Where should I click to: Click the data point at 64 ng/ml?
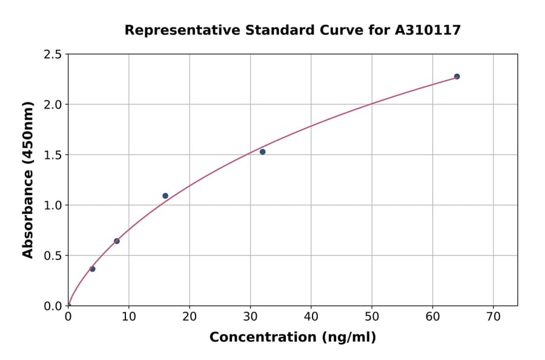click(x=457, y=76)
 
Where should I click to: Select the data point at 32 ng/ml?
click(x=262, y=152)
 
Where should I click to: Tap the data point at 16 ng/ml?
click(x=165, y=196)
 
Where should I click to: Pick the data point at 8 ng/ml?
click(x=117, y=241)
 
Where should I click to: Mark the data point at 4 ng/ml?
click(x=93, y=269)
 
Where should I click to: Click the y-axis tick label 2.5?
click(x=52, y=55)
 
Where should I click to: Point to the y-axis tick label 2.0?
click(x=52, y=105)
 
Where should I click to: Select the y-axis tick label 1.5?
click(x=52, y=155)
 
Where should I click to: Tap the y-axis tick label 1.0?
click(x=52, y=205)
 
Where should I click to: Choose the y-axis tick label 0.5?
click(x=52, y=256)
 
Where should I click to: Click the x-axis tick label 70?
click(x=493, y=317)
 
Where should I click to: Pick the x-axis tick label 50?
click(x=372, y=317)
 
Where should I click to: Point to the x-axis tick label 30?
click(x=250, y=317)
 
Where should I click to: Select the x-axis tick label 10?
click(x=128, y=317)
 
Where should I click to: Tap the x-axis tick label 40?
click(x=311, y=317)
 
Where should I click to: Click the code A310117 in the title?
click(x=428, y=30)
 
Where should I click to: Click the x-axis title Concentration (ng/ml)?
click(x=292, y=338)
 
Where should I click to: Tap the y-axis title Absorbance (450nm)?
click(x=28, y=179)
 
